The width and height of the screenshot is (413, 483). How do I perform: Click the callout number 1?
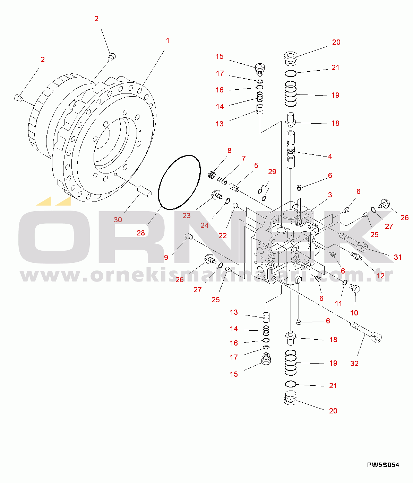(x=167, y=41)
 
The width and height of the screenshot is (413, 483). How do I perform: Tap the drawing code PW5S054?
(x=383, y=465)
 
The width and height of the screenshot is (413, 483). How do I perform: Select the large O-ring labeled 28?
(x=179, y=182)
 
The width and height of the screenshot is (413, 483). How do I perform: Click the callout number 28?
(x=141, y=233)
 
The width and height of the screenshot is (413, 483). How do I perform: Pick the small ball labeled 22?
(x=235, y=205)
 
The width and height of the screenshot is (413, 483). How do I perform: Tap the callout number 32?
(x=354, y=363)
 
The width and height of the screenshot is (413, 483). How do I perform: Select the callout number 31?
(x=398, y=257)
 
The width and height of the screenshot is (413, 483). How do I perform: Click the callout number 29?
(x=272, y=171)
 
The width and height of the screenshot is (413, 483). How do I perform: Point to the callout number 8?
(x=229, y=151)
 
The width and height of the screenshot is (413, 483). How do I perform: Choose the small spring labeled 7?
(x=222, y=180)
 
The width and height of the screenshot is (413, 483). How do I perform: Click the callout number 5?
(x=256, y=165)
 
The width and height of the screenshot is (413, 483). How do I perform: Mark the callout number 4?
(x=330, y=156)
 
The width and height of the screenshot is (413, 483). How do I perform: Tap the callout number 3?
(x=330, y=195)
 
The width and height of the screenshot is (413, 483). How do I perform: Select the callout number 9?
(x=166, y=257)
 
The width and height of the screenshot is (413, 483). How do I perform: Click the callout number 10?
(x=354, y=313)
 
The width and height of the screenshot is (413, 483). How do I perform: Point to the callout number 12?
(x=380, y=276)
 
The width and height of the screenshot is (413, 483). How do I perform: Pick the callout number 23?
(x=187, y=215)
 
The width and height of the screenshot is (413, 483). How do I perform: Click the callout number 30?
(x=118, y=220)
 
